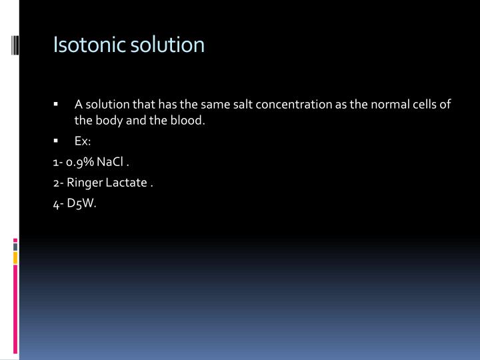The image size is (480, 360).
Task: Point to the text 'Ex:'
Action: coord(82,142)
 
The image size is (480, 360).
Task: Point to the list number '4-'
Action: coord(59,203)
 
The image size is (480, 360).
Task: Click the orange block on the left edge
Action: coord(15,257)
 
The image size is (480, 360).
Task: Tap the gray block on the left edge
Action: coord(15,246)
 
